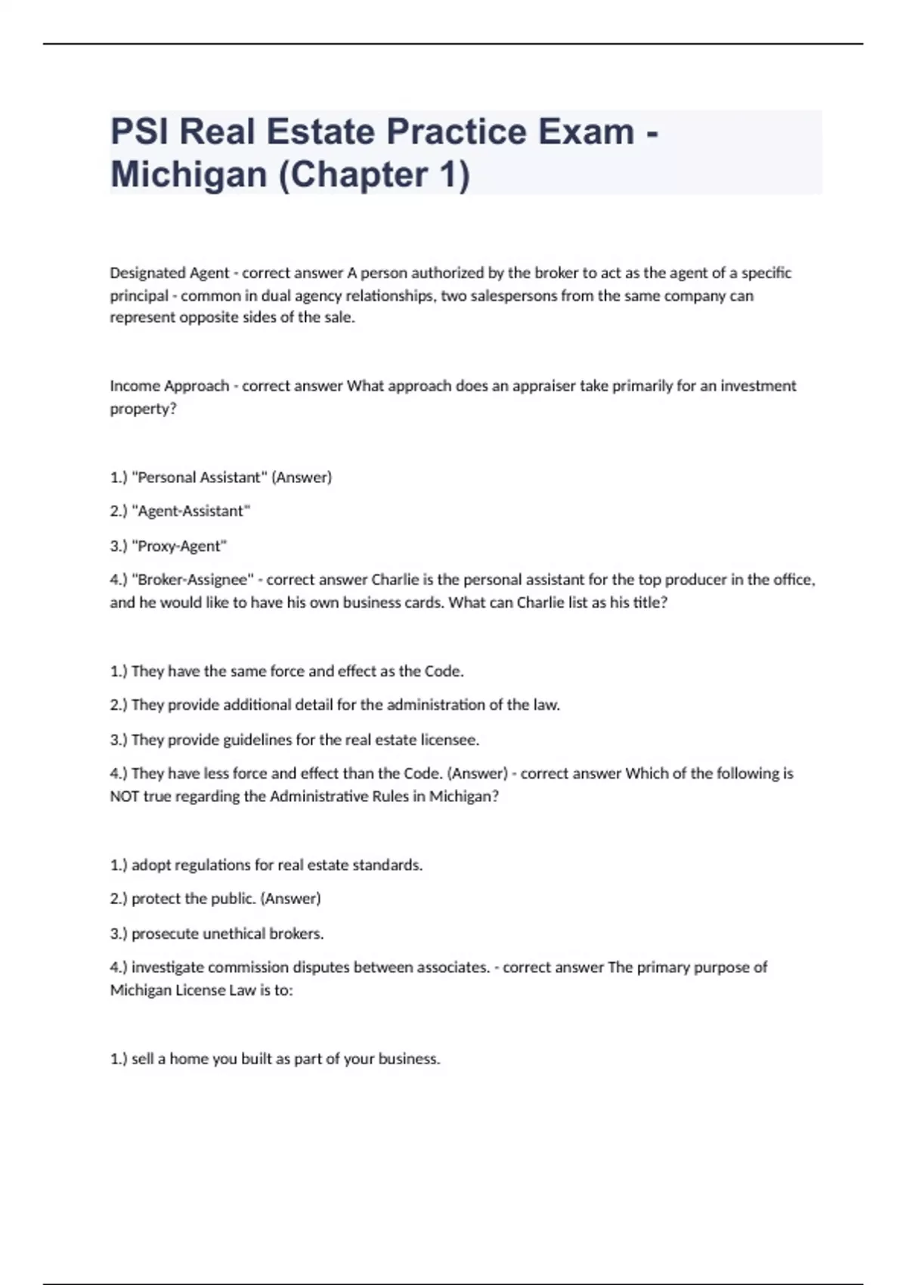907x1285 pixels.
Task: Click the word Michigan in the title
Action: (189, 175)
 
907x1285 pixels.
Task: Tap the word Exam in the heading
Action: (586, 132)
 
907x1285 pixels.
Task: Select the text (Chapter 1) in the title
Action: (375, 175)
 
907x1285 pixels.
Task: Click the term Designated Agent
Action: (169, 273)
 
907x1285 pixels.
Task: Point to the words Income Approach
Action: (169, 386)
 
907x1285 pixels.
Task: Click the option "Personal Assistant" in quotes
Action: (200, 478)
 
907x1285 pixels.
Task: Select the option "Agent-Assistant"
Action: (190, 512)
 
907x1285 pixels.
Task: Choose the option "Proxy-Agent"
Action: (179, 547)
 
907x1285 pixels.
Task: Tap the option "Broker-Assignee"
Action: (193, 581)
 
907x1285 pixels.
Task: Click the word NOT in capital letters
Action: (125, 797)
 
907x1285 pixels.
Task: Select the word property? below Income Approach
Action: (143, 409)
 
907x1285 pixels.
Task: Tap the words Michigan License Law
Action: (183, 990)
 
